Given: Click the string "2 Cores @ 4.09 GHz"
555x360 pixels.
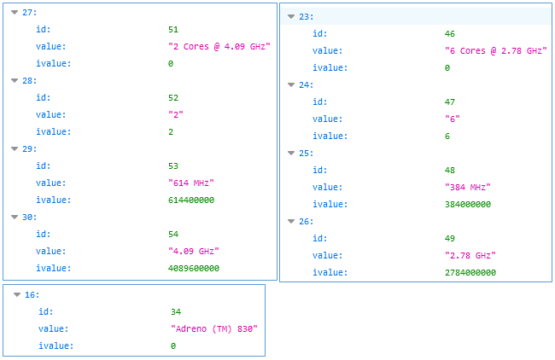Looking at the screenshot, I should click(x=219, y=46).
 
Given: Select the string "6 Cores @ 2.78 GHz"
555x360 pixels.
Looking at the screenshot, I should click(x=495, y=51).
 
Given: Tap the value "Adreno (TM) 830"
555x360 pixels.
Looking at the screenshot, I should click(x=213, y=329).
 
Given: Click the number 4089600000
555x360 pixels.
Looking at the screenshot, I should click(x=194, y=268).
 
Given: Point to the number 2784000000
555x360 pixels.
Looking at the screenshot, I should click(x=470, y=273).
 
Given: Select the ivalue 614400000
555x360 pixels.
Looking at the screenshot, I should click(x=190, y=200).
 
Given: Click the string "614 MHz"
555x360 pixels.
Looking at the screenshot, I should click(x=190, y=183).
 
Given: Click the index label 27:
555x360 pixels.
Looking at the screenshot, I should click(x=31, y=12).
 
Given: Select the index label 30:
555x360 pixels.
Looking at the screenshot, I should click(x=31, y=217).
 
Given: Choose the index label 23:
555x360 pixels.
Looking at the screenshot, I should click(x=307, y=17).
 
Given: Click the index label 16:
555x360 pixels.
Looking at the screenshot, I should click(x=32, y=295).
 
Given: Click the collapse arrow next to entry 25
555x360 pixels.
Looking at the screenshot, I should click(x=291, y=154).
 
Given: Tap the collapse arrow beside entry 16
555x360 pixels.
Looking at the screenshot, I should click(x=17, y=295).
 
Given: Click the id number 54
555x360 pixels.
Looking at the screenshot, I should click(x=174, y=234).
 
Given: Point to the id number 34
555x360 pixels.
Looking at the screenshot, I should click(x=176, y=312).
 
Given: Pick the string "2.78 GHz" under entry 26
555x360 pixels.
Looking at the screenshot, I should click(x=470, y=256).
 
